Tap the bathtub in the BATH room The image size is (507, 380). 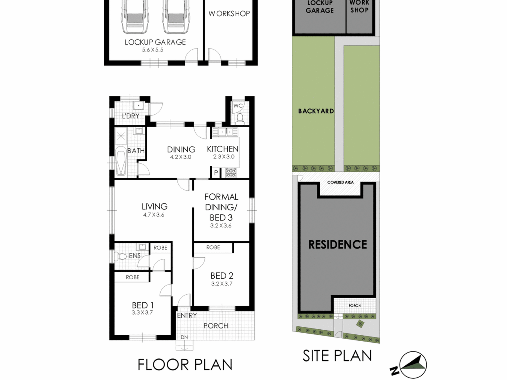pyautogui.click(x=121, y=161)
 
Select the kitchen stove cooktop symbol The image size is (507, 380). pyautogui.click(x=231, y=173)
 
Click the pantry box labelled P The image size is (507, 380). pyautogui.click(x=216, y=173)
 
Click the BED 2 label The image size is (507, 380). pyautogui.click(x=222, y=275)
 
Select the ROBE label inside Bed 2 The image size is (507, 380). pyautogui.click(x=213, y=247)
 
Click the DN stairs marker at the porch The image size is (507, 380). pyautogui.click(x=184, y=337)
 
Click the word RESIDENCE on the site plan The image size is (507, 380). pyautogui.click(x=338, y=244)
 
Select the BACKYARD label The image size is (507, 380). pyautogui.click(x=316, y=111)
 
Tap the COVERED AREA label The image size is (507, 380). pyautogui.click(x=340, y=182)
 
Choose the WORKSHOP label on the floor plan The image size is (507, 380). pyautogui.click(x=229, y=14)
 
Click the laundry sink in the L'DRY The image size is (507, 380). pyautogui.click(x=138, y=106)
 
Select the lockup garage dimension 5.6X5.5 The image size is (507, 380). pyautogui.click(x=152, y=50)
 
